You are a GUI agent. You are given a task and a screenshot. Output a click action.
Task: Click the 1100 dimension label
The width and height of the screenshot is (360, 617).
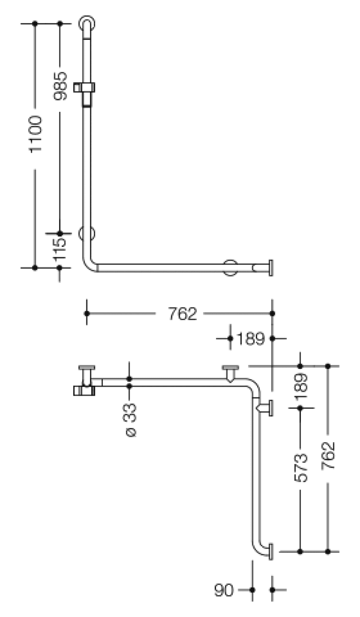click(x=36, y=134)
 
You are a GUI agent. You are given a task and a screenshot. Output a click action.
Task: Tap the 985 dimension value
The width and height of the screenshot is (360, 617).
click(x=60, y=86)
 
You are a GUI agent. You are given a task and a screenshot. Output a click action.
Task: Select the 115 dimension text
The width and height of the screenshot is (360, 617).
click(x=60, y=250)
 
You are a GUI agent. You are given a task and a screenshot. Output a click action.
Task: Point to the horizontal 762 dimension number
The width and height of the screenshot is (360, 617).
click(x=183, y=313)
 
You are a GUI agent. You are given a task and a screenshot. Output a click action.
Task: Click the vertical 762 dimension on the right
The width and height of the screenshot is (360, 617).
click(x=328, y=455)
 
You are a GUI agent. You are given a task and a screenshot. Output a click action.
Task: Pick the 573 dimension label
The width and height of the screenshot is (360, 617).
click(x=301, y=468)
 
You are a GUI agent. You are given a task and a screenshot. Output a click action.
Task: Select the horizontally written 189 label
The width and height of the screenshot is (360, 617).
click(x=251, y=339)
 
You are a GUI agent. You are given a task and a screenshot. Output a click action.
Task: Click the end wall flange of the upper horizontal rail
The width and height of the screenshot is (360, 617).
click(x=271, y=267)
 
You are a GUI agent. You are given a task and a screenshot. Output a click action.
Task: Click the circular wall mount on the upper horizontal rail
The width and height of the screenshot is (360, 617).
click(x=230, y=267)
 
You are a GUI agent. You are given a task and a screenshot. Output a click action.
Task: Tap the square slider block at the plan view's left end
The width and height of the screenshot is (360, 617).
click(x=84, y=391)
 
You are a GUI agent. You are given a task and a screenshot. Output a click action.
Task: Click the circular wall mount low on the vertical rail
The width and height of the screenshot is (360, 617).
click(x=87, y=234)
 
